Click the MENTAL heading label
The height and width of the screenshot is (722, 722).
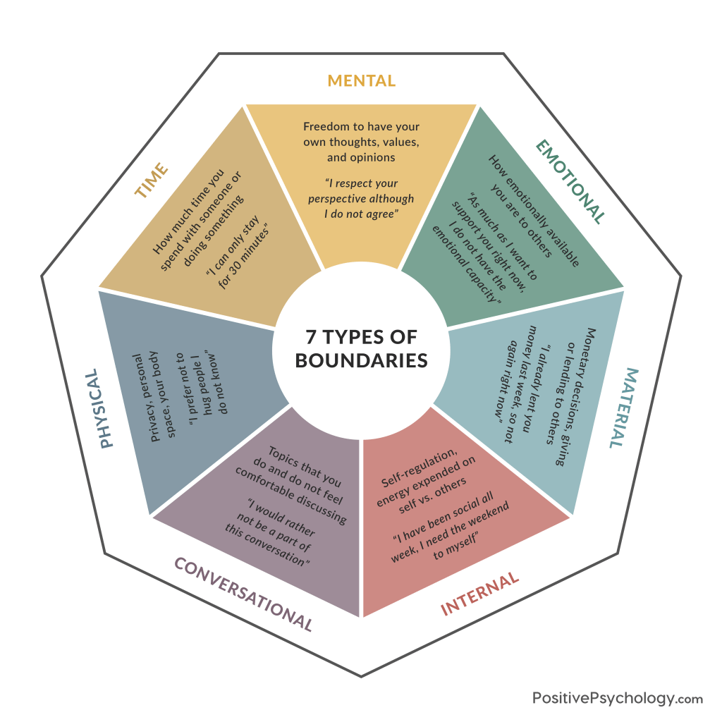[361, 81]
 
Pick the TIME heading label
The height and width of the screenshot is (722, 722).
[152, 180]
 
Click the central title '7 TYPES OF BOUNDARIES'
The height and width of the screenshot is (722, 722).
[361, 347]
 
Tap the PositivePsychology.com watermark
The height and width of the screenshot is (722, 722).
[617, 698]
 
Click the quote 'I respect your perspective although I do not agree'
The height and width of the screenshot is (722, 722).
[361, 198]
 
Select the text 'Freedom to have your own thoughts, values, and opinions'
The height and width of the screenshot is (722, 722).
[361, 142]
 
